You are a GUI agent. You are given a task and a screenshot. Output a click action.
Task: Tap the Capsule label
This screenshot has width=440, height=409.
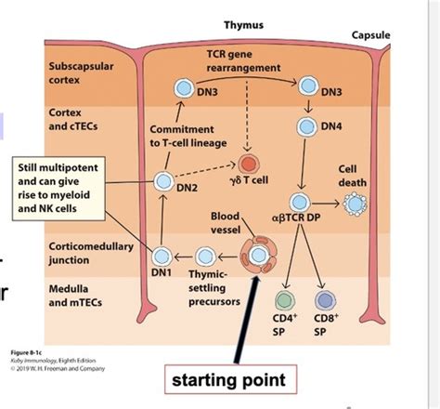[370, 35]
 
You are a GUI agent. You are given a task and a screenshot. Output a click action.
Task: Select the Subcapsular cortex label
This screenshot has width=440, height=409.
[77, 73]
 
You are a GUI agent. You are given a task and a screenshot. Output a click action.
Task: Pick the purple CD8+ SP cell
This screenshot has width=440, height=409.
[325, 299]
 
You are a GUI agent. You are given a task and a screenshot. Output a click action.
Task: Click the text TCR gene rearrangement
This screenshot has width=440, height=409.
[243, 63]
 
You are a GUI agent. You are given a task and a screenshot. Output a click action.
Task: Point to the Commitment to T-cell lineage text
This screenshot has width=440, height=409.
[182, 135]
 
